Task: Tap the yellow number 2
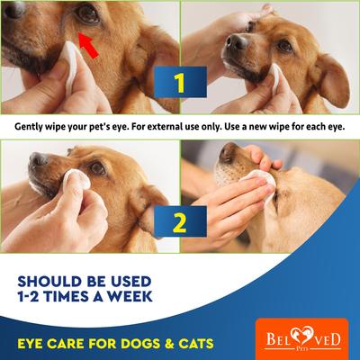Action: click(x=179, y=220)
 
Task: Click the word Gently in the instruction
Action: click(x=33, y=127)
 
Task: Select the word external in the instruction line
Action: click(x=184, y=127)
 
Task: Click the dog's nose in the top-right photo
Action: click(x=236, y=40)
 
